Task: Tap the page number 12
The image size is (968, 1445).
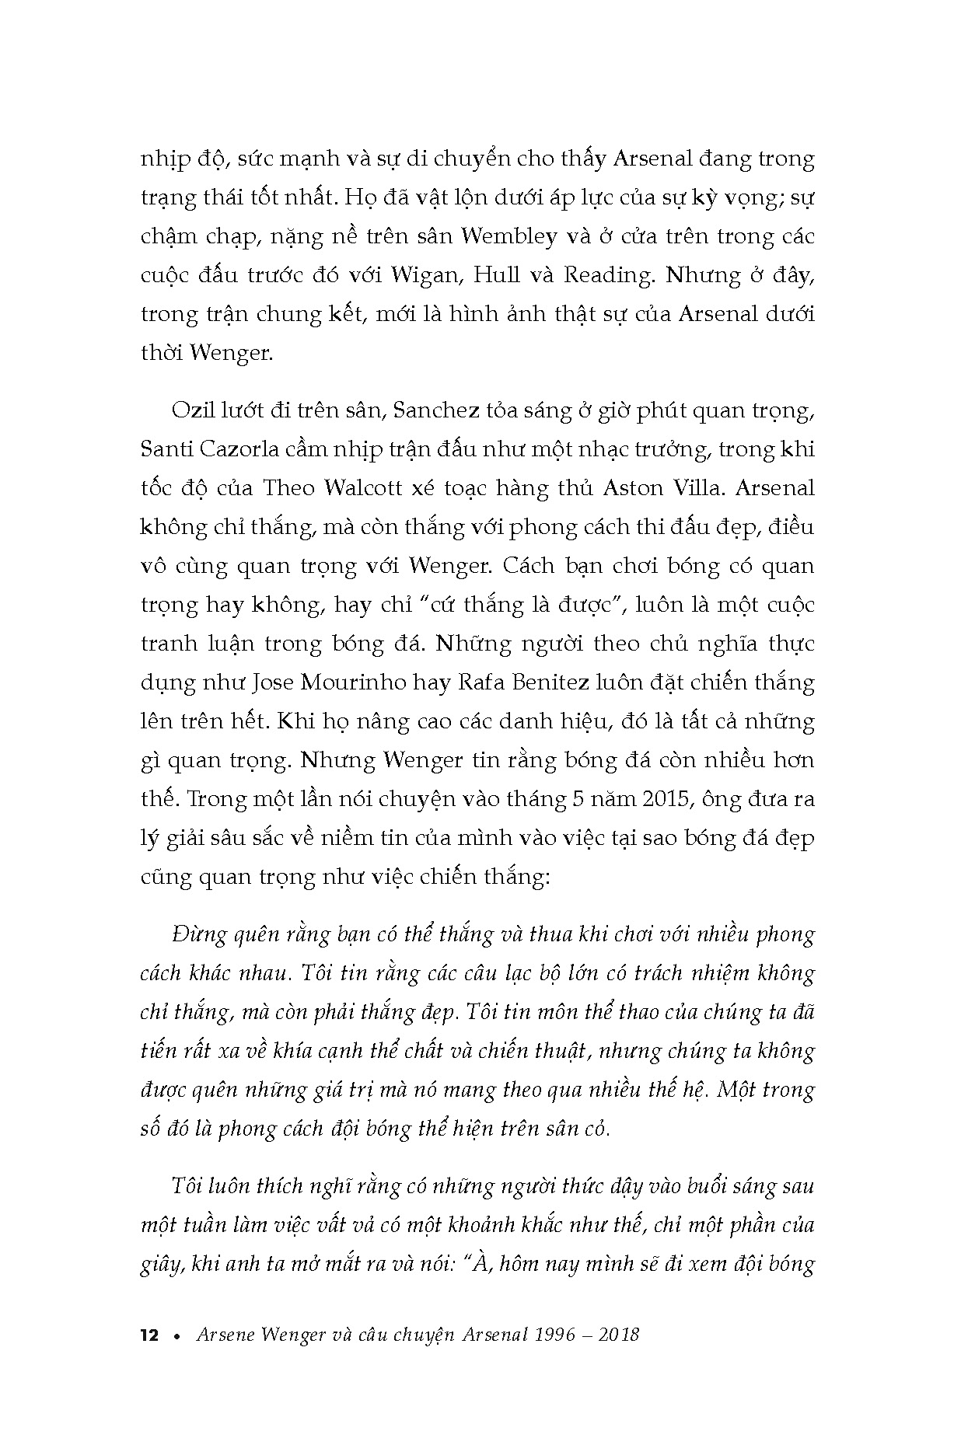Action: point(149,1335)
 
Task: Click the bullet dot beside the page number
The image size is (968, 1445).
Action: point(178,1336)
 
